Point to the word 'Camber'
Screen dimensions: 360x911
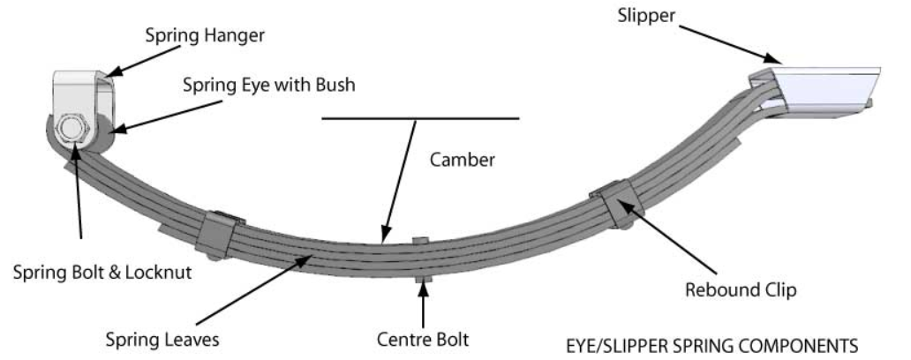463,161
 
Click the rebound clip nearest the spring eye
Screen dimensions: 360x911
216,230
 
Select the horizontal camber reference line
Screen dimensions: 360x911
420,118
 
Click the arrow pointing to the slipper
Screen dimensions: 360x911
724,42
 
